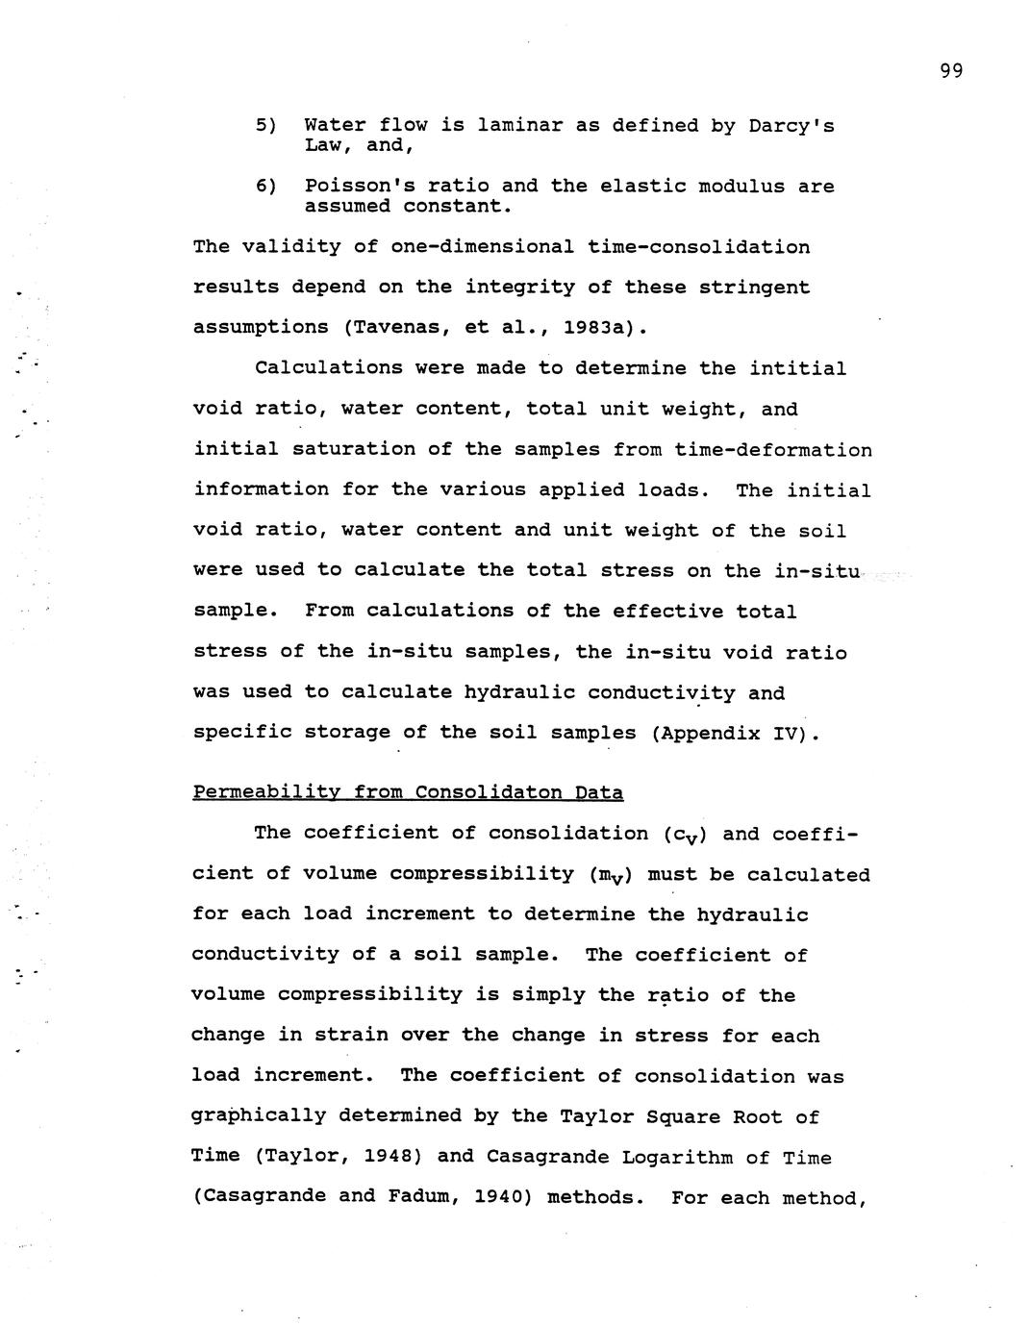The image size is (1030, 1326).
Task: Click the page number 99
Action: pyautogui.click(x=951, y=70)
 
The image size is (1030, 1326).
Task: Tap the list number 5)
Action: pyautogui.click(x=266, y=126)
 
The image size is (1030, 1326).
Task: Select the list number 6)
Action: pyautogui.click(x=266, y=186)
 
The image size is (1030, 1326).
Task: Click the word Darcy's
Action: pyautogui.click(x=791, y=126)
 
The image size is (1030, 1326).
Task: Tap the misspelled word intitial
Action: pyautogui.click(x=797, y=368)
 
